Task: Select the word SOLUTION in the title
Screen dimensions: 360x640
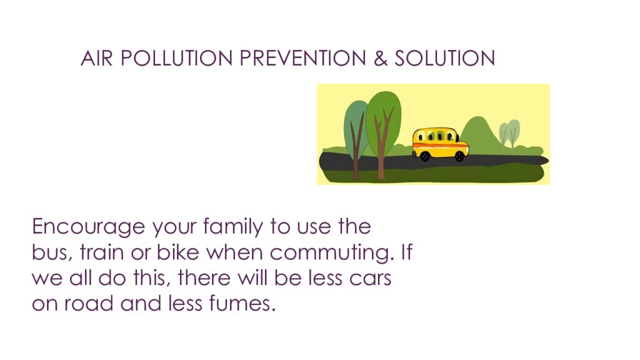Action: (x=444, y=58)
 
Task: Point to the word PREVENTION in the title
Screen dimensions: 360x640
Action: (x=303, y=58)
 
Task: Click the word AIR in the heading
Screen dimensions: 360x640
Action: (x=96, y=58)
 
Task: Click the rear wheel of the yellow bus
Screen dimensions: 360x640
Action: (x=425, y=157)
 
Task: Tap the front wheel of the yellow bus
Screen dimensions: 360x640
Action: (x=459, y=157)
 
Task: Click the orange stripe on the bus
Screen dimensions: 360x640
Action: (x=441, y=148)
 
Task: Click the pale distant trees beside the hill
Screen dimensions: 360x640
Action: (x=509, y=132)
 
